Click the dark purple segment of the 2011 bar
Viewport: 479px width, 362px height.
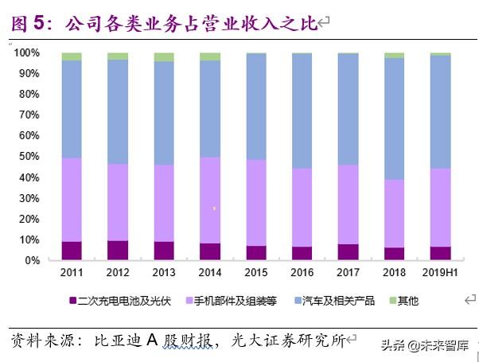point(72,251)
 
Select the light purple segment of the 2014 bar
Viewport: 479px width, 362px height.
point(210,200)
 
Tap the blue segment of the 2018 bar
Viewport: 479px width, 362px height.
point(395,119)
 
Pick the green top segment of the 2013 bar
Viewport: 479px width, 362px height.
point(164,57)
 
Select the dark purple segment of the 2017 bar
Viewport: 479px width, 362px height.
point(349,252)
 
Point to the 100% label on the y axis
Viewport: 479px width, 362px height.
point(26,53)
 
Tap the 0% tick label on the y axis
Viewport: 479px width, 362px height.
point(31,260)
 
